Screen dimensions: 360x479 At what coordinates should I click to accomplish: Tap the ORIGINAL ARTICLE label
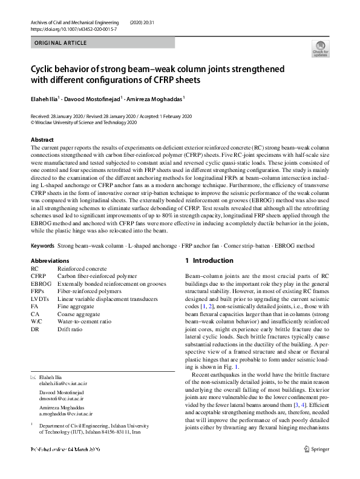pos(61,43)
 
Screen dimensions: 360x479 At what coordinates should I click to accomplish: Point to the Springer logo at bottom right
pos(316,466)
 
